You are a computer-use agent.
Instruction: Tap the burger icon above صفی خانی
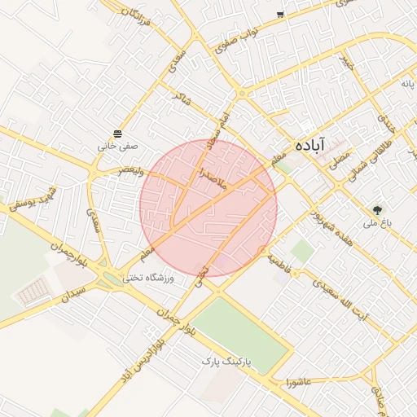(x=118, y=133)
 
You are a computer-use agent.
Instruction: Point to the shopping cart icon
(x=280, y=15)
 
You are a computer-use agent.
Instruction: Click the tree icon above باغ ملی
(x=376, y=208)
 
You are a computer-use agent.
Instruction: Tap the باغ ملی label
(x=377, y=222)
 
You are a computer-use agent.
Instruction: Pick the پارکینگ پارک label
(x=229, y=360)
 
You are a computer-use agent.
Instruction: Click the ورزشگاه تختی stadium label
(x=154, y=279)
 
